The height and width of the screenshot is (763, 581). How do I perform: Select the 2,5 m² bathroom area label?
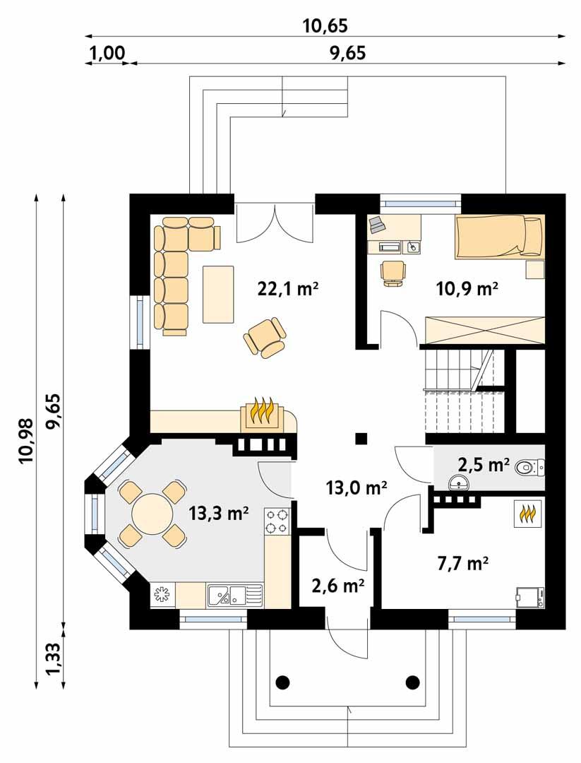tap(484, 465)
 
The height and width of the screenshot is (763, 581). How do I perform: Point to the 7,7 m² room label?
tap(464, 564)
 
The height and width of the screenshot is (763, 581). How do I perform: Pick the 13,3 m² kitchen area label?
tap(219, 513)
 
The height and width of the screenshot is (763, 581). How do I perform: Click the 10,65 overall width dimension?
tap(325, 26)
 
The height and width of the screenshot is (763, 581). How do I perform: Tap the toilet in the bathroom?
tap(529, 467)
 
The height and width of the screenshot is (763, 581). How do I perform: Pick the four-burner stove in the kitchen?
tap(277, 522)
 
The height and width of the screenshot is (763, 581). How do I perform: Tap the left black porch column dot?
tap(282, 682)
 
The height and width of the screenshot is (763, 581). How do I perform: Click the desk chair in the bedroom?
tap(393, 272)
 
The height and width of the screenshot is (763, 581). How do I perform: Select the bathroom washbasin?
tap(460, 483)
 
